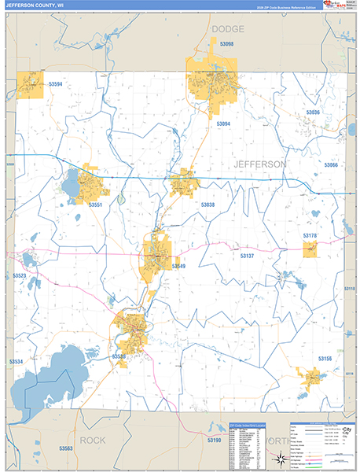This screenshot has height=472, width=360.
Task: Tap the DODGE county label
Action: click(x=228, y=29)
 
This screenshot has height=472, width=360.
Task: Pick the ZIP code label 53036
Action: click(x=313, y=113)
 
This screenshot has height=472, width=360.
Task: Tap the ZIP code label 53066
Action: click(x=330, y=164)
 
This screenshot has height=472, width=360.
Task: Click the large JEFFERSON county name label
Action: click(x=259, y=164)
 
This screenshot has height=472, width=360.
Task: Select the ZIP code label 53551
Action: click(x=96, y=205)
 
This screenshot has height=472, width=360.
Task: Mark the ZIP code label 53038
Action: click(x=208, y=205)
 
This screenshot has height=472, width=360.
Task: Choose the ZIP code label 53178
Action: click(x=310, y=235)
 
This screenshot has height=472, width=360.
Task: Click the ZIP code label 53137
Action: click(x=248, y=256)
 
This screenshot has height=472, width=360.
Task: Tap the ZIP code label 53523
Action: click(x=19, y=276)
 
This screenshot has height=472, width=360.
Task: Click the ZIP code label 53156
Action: click(x=325, y=358)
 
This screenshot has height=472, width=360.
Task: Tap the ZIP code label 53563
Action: click(x=65, y=448)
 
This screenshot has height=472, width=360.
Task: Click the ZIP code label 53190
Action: click(x=214, y=441)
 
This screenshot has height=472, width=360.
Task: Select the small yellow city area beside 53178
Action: click(x=310, y=249)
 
